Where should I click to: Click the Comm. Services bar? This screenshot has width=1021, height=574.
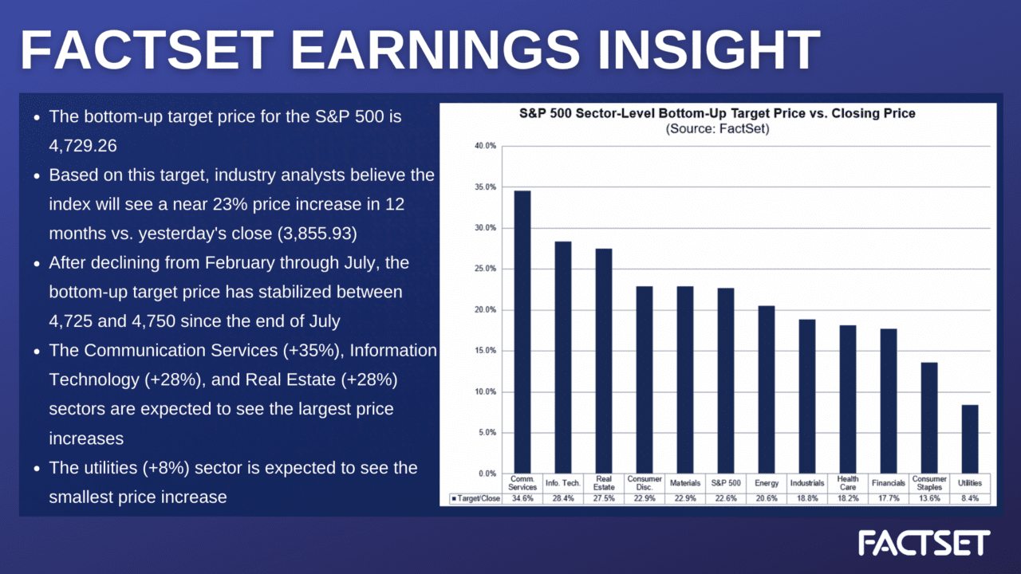click(x=522, y=332)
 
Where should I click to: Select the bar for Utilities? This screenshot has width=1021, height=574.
click(x=969, y=439)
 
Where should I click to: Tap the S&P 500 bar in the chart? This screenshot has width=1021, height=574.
click(x=726, y=381)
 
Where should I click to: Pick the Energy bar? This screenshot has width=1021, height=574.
click(x=766, y=390)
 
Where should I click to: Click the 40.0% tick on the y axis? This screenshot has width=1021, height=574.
click(x=486, y=146)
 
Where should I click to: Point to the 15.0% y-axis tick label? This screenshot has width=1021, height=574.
click(x=486, y=351)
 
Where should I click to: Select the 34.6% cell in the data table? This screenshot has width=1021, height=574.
click(x=522, y=499)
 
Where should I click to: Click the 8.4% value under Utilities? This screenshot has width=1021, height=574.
click(x=969, y=499)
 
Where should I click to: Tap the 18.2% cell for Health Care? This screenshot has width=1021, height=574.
click(x=848, y=499)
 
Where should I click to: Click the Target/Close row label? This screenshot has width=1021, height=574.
click(x=475, y=499)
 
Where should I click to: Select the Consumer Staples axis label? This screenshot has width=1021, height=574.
click(x=929, y=483)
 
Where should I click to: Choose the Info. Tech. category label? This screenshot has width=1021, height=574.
click(x=563, y=483)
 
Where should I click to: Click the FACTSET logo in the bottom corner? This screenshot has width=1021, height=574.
click(x=924, y=543)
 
